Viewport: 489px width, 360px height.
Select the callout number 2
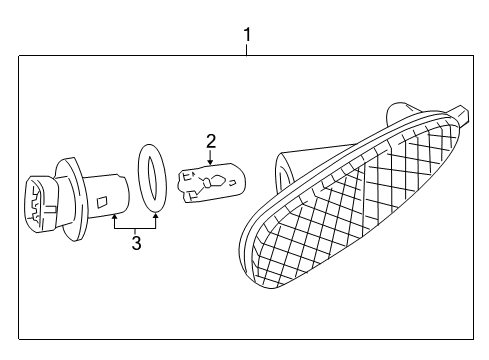point(211,140)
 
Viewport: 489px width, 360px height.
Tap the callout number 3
point(136,243)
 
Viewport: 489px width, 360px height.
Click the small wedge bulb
point(210,183)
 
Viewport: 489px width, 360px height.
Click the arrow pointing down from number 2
point(211,157)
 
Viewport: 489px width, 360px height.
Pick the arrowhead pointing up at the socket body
point(116,215)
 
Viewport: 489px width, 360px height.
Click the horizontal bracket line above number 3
point(136,229)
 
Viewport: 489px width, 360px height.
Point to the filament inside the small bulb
point(212,183)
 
